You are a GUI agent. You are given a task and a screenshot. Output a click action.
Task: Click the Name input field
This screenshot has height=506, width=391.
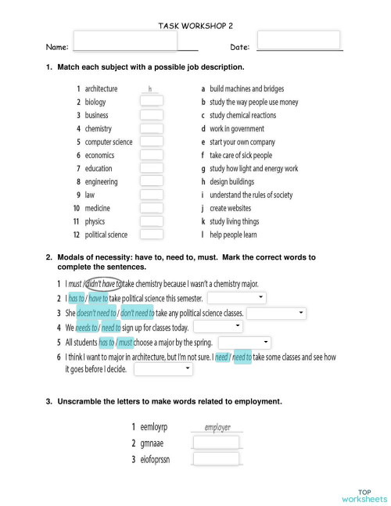click(125, 41)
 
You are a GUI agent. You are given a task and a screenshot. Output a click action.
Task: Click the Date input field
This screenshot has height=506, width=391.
click(298, 40)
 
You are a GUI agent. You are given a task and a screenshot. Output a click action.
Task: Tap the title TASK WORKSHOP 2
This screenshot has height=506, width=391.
click(195, 26)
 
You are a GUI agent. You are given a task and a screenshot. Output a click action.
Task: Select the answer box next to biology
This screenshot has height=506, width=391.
click(151, 102)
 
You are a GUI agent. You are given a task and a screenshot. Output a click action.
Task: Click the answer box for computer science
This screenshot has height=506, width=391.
click(151, 142)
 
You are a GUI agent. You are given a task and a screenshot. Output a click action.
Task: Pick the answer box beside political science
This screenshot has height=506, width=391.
click(151, 234)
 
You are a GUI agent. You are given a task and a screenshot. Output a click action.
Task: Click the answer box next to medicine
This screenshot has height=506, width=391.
click(151, 208)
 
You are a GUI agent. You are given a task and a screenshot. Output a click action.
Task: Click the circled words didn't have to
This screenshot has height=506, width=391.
click(102, 284)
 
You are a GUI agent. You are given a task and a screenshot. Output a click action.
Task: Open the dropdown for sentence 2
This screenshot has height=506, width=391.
click(237, 298)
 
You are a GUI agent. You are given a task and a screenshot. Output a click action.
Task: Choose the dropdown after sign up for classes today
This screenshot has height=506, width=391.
click(217, 327)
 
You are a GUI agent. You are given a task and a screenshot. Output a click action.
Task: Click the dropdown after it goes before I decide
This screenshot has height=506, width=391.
click(163, 370)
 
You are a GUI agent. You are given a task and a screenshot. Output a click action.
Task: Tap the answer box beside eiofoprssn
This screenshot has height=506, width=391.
click(216, 458)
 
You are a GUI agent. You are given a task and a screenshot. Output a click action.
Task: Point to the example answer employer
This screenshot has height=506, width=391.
click(217, 428)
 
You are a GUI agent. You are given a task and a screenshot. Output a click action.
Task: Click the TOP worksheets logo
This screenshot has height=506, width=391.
click(363, 494)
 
